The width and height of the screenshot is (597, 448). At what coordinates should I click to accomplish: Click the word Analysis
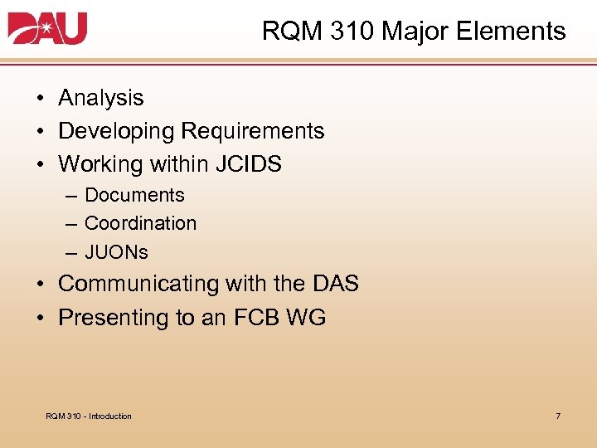click(100, 98)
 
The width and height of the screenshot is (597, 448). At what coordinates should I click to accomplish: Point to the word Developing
click(116, 131)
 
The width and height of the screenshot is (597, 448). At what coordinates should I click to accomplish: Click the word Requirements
click(252, 131)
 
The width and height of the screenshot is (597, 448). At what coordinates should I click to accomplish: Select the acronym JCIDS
click(248, 164)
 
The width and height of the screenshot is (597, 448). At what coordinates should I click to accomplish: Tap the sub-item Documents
click(134, 196)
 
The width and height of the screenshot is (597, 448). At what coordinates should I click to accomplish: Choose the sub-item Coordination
click(140, 224)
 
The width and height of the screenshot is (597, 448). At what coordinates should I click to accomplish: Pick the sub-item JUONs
click(116, 252)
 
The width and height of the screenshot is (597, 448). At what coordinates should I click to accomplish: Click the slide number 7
click(558, 416)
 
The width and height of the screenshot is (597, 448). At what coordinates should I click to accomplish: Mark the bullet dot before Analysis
click(40, 99)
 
